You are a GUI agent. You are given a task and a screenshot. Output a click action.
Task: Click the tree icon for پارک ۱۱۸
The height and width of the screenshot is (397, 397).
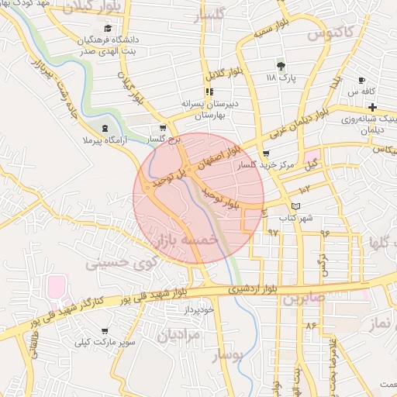[x=281, y=66]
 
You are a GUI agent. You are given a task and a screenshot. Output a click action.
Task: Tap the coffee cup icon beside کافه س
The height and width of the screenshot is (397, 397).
[x=361, y=81]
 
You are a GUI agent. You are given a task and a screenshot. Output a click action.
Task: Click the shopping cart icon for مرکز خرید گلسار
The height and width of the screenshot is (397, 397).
[x=267, y=154]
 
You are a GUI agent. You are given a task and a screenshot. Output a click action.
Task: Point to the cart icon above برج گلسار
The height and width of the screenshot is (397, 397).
[x=162, y=128]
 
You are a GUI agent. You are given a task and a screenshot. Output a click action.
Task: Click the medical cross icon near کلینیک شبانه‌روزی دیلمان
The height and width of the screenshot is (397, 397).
[x=372, y=107]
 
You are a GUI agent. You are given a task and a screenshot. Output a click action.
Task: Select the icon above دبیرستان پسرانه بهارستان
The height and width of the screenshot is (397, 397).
[x=209, y=91]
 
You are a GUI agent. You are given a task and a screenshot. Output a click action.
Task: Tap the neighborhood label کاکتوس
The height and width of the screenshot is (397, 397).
[x=325, y=33]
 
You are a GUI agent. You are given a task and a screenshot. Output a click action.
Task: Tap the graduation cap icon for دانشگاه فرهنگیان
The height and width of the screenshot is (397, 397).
[x=106, y=29]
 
